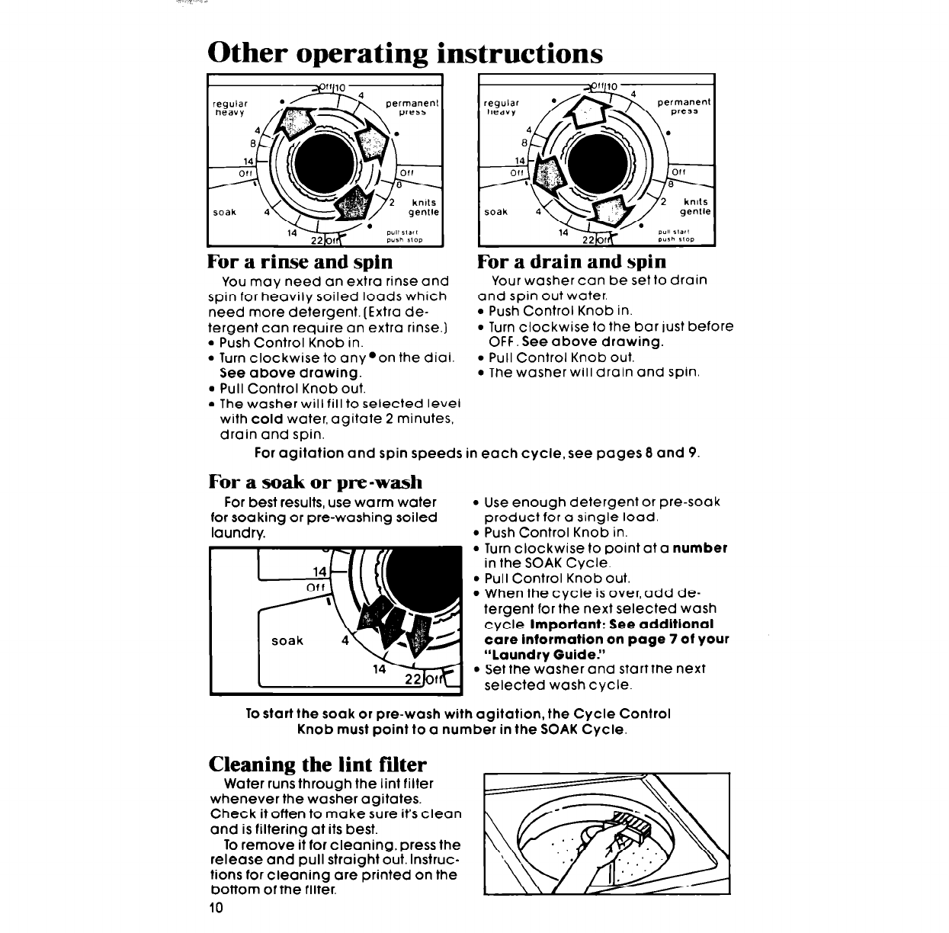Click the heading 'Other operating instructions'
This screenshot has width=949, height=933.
[405, 53]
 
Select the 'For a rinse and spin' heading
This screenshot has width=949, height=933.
[300, 262]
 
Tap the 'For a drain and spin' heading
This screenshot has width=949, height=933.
[571, 261]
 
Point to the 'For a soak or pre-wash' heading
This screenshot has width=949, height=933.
[315, 482]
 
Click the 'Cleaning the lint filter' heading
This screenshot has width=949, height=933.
[318, 764]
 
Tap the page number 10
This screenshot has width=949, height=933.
[216, 909]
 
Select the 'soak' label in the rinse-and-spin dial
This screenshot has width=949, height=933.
[226, 213]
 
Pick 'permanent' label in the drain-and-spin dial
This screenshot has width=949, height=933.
[683, 101]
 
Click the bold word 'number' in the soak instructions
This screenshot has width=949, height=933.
[699, 548]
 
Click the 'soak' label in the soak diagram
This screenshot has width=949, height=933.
[287, 641]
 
